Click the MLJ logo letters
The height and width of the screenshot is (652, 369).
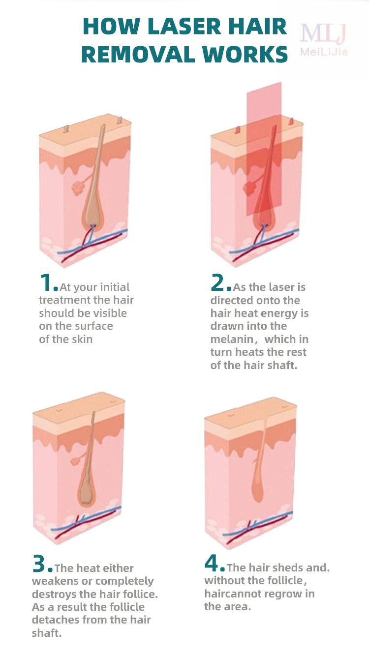[x=324, y=33]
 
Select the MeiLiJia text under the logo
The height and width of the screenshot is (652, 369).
[x=324, y=52]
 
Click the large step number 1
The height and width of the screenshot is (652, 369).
[x=46, y=283]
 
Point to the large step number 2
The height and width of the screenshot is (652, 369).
[x=218, y=283]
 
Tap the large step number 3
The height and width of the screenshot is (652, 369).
[x=39, y=564]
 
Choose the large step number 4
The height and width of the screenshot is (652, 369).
[x=212, y=563]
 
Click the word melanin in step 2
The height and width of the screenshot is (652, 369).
[x=232, y=339]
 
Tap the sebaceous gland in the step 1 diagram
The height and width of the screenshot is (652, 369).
[x=77, y=188]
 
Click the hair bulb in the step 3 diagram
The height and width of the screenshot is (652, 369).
[x=86, y=491]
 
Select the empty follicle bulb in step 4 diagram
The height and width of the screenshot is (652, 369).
[x=257, y=489]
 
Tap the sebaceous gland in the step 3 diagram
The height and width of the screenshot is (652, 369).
[x=76, y=461]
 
